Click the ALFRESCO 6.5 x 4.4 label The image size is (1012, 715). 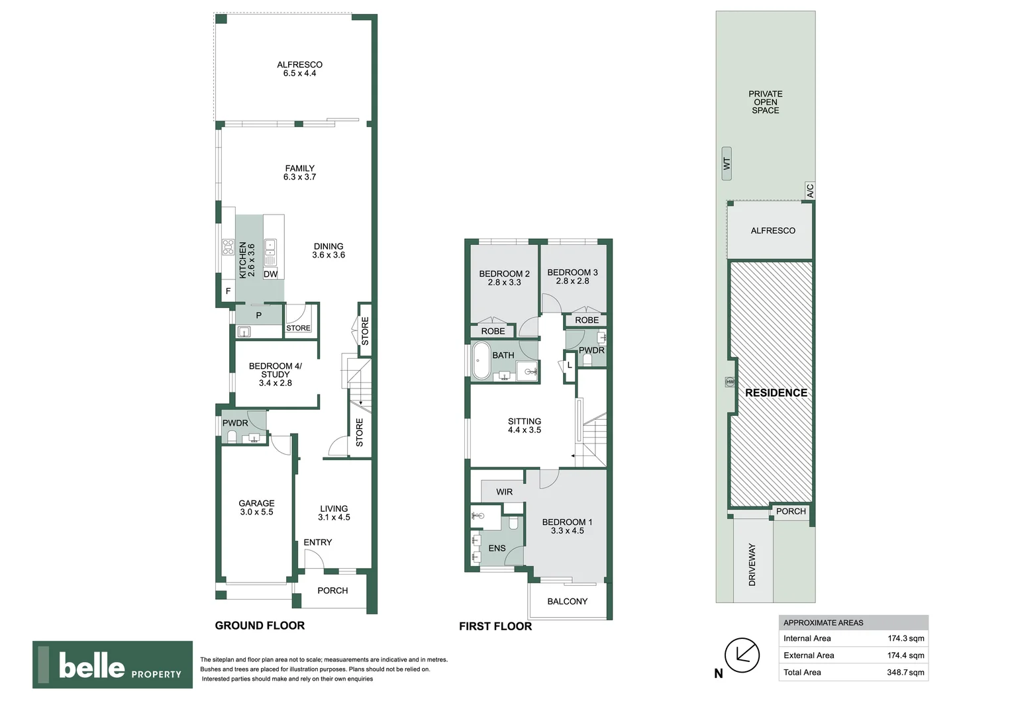[x=299, y=69]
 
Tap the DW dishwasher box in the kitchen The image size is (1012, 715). [x=270, y=273]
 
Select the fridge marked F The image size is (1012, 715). [x=228, y=291]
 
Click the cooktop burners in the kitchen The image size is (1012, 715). [x=228, y=248]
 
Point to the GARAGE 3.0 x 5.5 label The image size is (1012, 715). [x=256, y=507]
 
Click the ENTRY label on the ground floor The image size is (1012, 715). [x=318, y=542]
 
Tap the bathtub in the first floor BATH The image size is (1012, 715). [x=481, y=360]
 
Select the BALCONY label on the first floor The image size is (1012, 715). [x=567, y=601]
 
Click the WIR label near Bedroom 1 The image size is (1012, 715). [x=504, y=492]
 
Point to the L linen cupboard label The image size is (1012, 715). [x=570, y=365]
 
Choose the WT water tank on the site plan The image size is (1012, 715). [x=727, y=164]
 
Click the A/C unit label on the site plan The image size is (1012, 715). [x=810, y=191]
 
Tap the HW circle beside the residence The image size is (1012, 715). [x=730, y=382]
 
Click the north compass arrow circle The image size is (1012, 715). [x=742, y=655]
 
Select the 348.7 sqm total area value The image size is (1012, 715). [x=905, y=672]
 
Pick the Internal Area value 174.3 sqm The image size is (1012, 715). [x=906, y=638]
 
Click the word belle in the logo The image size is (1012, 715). [x=91, y=665]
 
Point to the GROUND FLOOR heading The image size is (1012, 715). [x=260, y=625]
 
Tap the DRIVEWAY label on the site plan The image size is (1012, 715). [x=752, y=565]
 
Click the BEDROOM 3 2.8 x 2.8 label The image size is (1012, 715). [x=572, y=277]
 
